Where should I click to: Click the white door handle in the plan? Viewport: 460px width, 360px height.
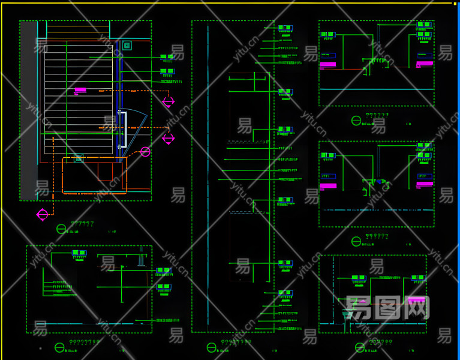tap(125, 130)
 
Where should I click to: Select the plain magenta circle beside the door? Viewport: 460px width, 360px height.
tap(145, 152)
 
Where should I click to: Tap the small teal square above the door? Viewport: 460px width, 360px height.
tap(127, 46)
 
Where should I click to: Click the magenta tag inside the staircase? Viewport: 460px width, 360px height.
tap(80, 90)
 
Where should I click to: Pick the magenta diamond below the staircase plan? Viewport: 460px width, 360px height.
tap(42, 214)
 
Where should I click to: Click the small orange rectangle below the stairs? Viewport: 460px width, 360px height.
tap(106, 172)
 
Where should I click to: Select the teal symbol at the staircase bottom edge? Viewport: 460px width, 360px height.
tap(78, 158)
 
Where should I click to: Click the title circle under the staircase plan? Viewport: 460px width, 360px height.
tap(61, 229)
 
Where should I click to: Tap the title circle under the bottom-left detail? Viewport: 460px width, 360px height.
tap(59, 347)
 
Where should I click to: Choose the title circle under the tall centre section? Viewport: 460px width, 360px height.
tap(211, 347)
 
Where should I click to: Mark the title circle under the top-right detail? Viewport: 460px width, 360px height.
tap(356, 121)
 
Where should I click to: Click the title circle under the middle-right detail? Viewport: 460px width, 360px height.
tap(356, 241)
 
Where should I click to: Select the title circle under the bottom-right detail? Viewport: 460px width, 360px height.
tap(359, 347)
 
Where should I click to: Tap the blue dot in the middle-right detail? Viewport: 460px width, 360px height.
tap(379, 181)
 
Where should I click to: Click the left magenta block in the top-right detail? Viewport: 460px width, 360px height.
tap(328, 64)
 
